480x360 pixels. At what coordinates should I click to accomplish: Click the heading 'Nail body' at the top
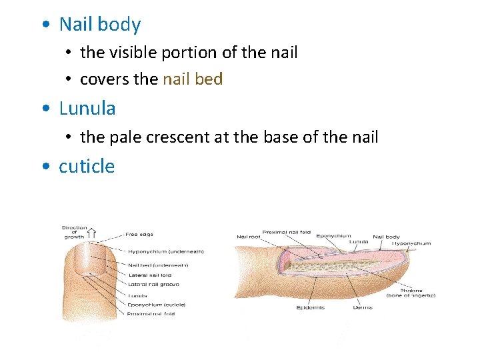click(100, 25)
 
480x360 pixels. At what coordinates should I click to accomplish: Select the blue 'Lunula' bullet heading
click(87, 108)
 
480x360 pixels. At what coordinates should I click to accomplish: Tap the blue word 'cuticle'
click(87, 166)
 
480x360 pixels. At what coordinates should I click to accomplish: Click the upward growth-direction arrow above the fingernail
click(92, 233)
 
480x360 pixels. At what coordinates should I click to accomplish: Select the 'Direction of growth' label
click(74, 232)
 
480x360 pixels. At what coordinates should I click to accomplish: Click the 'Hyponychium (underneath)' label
click(165, 251)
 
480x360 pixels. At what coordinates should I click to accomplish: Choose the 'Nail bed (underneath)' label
click(158, 265)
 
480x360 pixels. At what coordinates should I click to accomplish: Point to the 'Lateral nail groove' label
click(153, 284)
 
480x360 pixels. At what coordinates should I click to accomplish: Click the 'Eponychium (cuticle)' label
click(157, 304)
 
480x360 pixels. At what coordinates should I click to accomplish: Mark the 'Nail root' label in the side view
click(248, 237)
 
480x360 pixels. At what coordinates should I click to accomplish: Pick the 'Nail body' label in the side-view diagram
click(386, 237)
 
